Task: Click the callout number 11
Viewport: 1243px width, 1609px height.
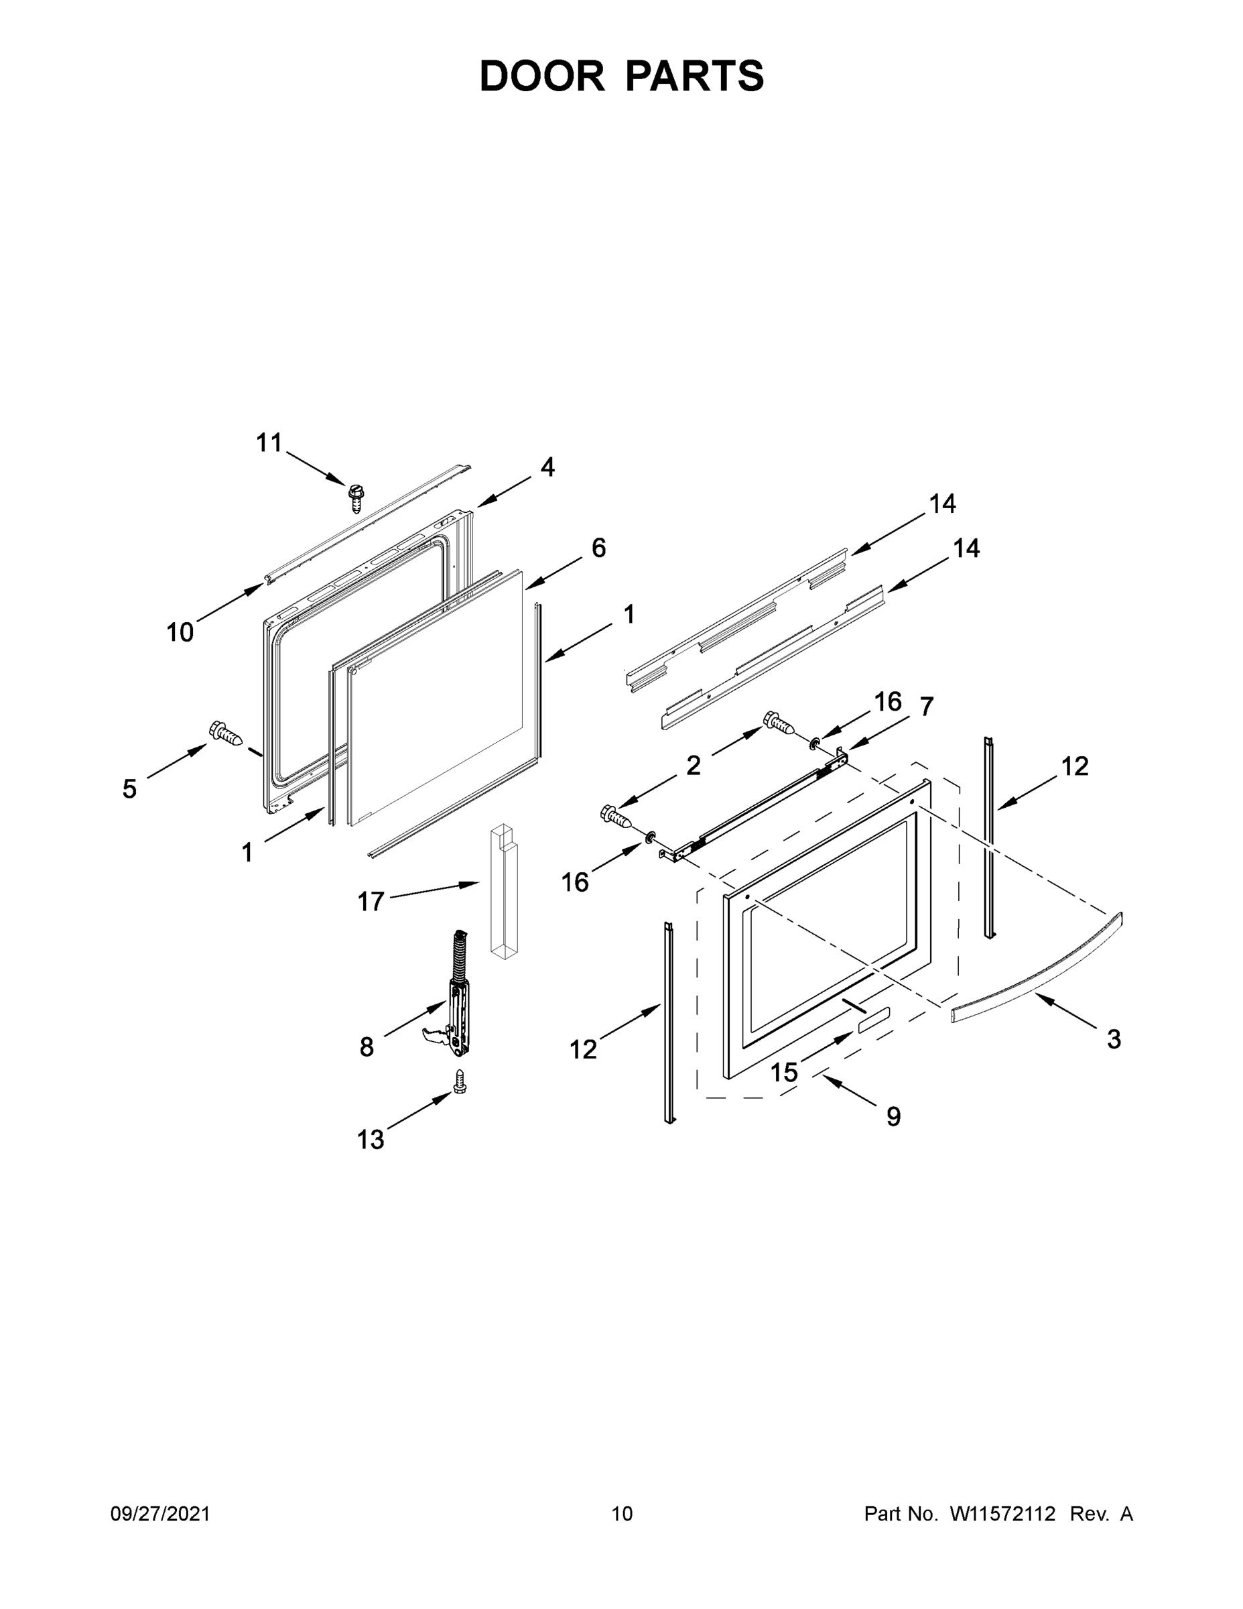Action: point(269,442)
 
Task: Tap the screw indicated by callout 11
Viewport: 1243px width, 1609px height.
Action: point(357,497)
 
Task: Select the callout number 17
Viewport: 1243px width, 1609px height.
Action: point(371,901)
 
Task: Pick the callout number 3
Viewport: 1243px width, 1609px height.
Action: point(1114,1040)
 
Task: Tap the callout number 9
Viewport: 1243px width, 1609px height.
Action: point(893,1117)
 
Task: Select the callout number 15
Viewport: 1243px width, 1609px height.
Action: point(784,1072)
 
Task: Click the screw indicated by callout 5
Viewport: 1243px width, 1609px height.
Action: point(225,733)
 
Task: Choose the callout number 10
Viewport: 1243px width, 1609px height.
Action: point(180,632)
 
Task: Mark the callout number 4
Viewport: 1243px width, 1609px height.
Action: point(547,467)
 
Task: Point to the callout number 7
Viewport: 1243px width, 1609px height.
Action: point(926,707)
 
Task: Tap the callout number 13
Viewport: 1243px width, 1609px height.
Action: point(371,1140)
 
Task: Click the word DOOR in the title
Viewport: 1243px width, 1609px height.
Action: point(541,76)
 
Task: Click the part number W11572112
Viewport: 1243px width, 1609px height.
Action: point(1002,1514)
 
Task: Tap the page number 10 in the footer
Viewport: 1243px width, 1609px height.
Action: point(622,1514)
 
